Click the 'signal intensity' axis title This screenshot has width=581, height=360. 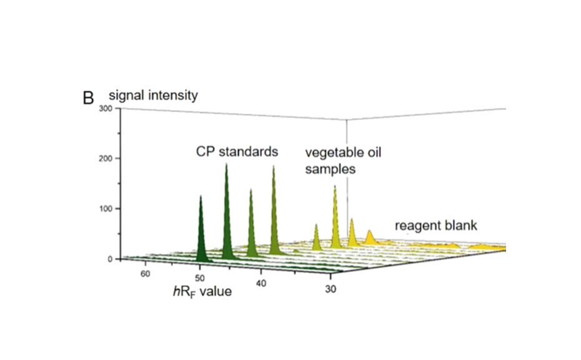point(153,96)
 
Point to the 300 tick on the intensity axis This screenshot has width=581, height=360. point(104,109)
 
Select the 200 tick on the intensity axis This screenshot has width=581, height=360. point(104,159)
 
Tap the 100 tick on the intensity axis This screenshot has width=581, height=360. point(104,209)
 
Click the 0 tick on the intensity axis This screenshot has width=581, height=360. point(109,259)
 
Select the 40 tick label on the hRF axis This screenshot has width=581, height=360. point(261,283)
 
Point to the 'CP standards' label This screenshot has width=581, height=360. point(236,152)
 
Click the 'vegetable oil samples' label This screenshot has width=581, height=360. point(342,161)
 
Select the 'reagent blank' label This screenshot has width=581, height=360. point(435,226)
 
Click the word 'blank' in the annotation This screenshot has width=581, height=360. point(461,226)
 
